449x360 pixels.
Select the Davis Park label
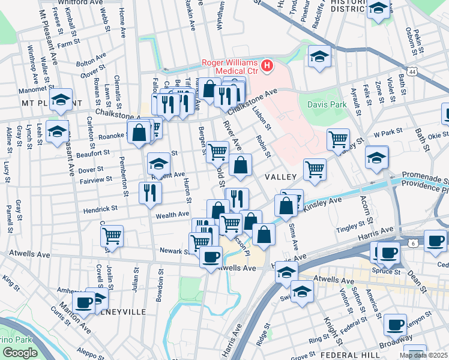coord(327,104)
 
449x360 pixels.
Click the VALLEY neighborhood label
coord(281,177)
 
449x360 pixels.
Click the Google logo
coord(20,352)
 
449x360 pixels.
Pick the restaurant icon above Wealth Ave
coord(149,192)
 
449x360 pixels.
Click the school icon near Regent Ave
coord(158,163)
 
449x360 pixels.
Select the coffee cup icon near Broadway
coord(395,325)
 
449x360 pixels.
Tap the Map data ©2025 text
coord(423,355)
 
